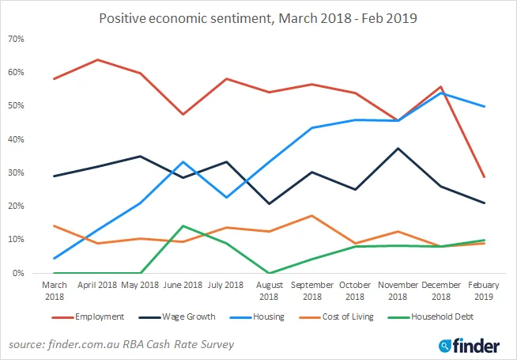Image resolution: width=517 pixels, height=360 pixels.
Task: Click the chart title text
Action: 258,17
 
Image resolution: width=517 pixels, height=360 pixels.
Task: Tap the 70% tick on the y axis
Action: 16,39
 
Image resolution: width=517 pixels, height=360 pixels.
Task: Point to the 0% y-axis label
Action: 18,273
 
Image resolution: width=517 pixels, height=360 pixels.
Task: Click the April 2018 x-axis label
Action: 97,285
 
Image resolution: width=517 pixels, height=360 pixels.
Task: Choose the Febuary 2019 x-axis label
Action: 484,290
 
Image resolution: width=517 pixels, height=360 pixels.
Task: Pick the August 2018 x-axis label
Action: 271,290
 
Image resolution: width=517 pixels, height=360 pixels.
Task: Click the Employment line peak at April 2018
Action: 97,59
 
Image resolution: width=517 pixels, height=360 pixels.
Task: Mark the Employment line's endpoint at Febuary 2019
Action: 484,176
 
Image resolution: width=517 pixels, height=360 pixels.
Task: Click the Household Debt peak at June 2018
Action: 183,225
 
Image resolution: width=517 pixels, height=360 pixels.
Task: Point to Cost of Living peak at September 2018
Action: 313,215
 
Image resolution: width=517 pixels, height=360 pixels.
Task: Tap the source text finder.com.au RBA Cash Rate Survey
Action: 122,345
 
